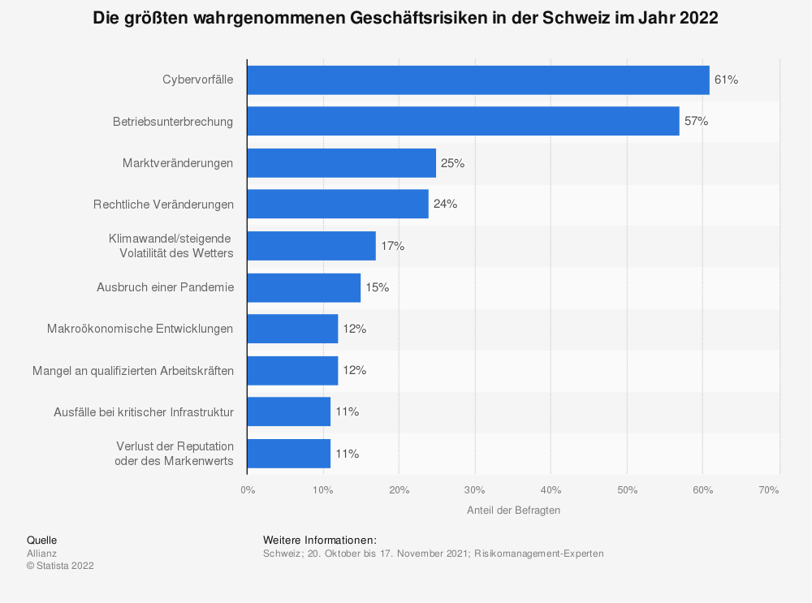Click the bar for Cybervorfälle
click(478, 80)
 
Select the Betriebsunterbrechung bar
click(464, 121)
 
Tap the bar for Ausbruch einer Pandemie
click(304, 288)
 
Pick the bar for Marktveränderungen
click(342, 163)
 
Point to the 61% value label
click(726, 80)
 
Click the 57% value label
click(696, 121)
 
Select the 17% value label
click(392, 246)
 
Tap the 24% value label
click(445, 204)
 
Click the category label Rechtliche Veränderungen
click(164, 205)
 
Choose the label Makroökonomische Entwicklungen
click(140, 329)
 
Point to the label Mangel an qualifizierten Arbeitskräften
click(133, 371)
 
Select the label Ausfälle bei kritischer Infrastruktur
click(144, 412)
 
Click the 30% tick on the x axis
click(474, 490)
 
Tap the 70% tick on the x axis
click(768, 490)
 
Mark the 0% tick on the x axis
click(248, 490)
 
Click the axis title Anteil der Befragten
click(513, 510)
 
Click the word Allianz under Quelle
click(42, 553)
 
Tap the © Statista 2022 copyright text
click(61, 566)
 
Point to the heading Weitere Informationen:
click(319, 541)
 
